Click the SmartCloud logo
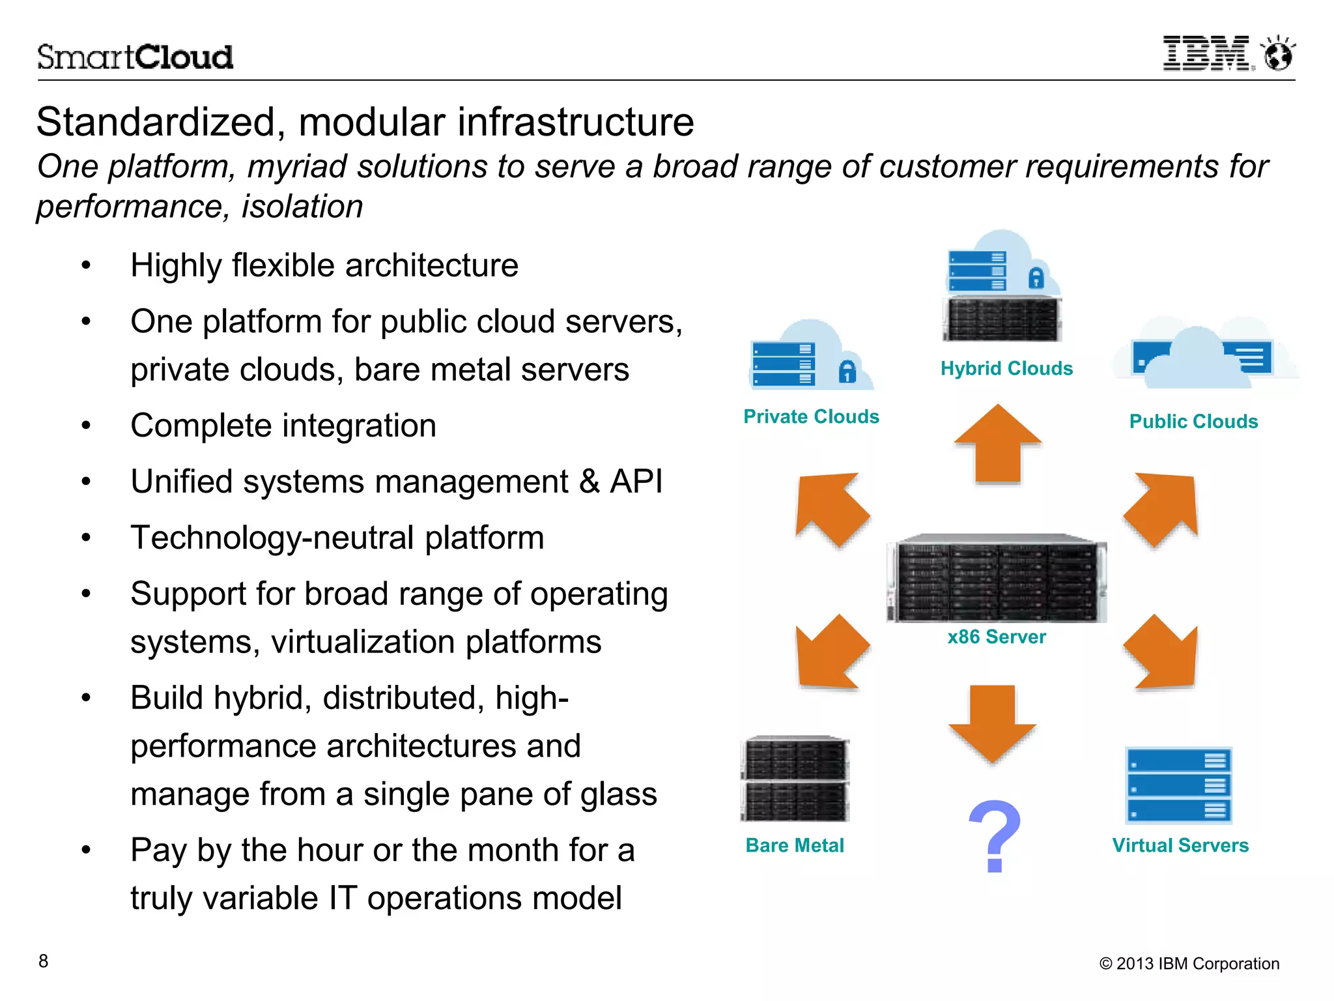tap(135, 57)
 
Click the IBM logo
tap(1206, 53)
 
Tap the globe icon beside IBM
tap(1278, 54)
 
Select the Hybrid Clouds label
tap(1006, 368)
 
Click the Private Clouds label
tap(811, 416)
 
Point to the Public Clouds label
tap(1193, 421)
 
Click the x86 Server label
tap(997, 637)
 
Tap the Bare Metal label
tap(795, 845)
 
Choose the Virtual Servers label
tap(1180, 845)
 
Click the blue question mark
tap(995, 836)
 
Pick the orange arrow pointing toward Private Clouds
tap(831, 508)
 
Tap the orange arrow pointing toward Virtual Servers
tap(1163, 653)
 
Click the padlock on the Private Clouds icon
tap(847, 371)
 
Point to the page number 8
tap(43, 961)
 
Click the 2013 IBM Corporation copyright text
tap(1189, 963)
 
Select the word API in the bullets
tap(636, 482)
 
